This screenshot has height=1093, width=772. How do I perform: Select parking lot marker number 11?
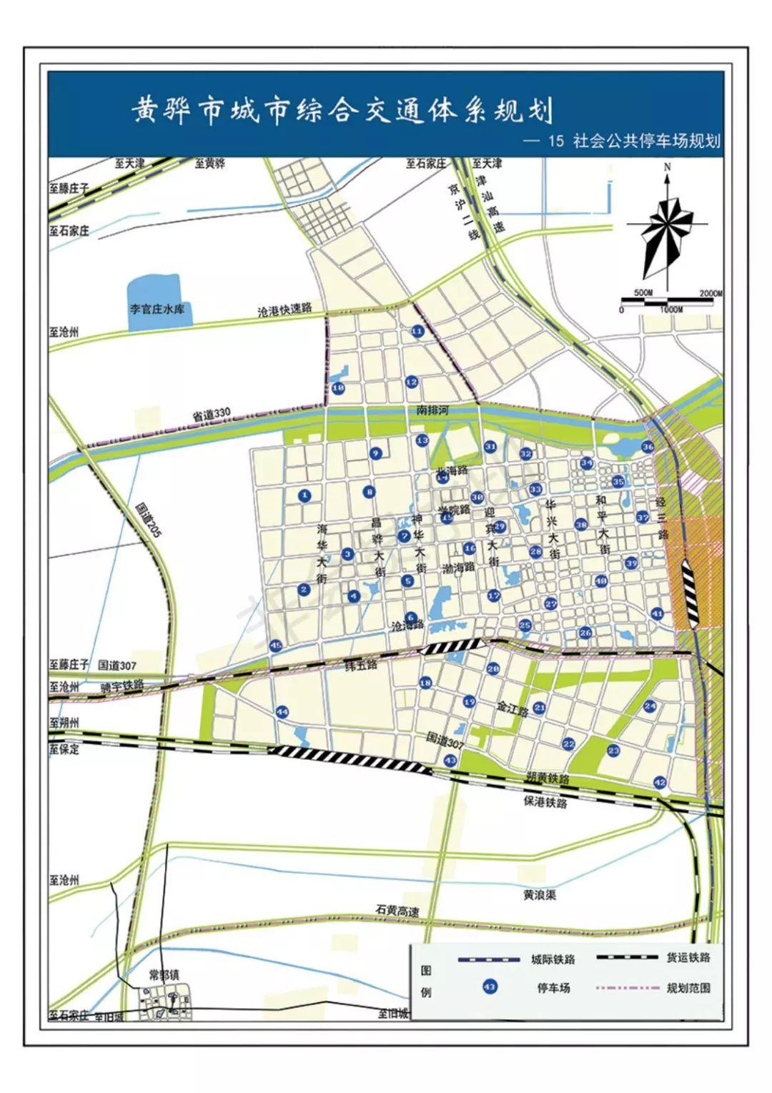click(417, 331)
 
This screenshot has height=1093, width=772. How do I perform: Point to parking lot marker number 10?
click(339, 387)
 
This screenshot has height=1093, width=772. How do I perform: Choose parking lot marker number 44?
click(282, 712)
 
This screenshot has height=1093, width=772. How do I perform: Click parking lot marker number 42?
click(660, 783)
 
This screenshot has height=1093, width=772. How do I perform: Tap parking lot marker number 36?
click(648, 447)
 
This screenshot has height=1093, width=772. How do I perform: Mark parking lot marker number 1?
click(305, 495)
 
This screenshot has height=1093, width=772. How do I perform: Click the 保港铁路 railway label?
click(545, 803)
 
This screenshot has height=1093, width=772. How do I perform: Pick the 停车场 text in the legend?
click(553, 989)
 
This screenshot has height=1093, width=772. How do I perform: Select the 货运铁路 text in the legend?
click(688, 957)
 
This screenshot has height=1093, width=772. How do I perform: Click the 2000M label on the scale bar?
click(711, 294)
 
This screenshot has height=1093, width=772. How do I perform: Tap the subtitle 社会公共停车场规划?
click(645, 141)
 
